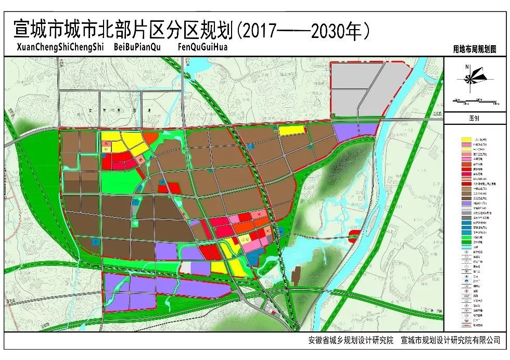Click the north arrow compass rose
click(x=470, y=79)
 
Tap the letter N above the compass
click(x=468, y=66)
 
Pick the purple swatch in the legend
click(x=467, y=204)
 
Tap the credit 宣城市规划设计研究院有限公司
click(x=450, y=340)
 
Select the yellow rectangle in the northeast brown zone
click(x=291, y=131)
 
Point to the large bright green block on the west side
click(x=116, y=182)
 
